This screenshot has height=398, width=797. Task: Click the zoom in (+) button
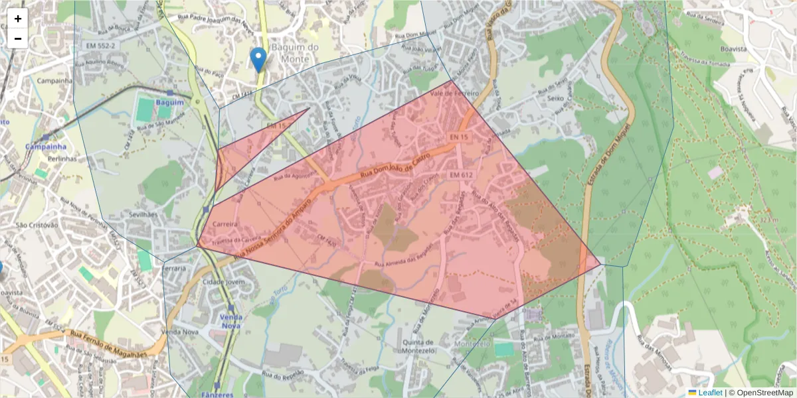(18, 19)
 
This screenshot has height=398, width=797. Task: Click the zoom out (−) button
(18, 38)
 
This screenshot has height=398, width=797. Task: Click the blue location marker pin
(258, 59)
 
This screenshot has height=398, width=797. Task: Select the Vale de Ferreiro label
(454, 94)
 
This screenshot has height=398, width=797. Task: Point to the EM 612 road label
(460, 174)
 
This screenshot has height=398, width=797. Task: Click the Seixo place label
(555, 99)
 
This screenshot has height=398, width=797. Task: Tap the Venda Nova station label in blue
(230, 321)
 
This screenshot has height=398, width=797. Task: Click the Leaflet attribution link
(709, 393)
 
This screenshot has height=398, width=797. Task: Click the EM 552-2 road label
(100, 45)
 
